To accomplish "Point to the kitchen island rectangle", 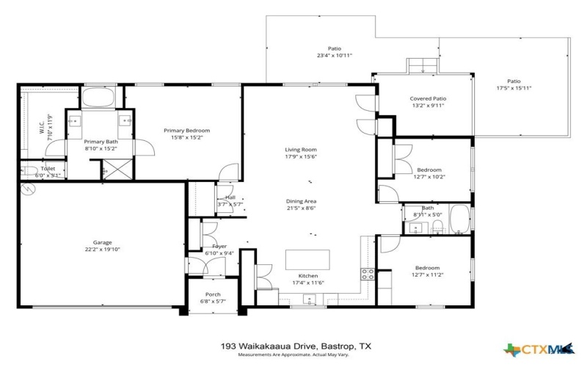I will click(307, 260).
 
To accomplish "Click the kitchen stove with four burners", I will click(367, 275).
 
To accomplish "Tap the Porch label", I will click(213, 294).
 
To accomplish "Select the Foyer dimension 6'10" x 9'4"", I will click(219, 254).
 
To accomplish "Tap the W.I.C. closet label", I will click(42, 128).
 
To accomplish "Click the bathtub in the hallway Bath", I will click(459, 219).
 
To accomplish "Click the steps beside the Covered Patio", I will click(423, 65).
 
